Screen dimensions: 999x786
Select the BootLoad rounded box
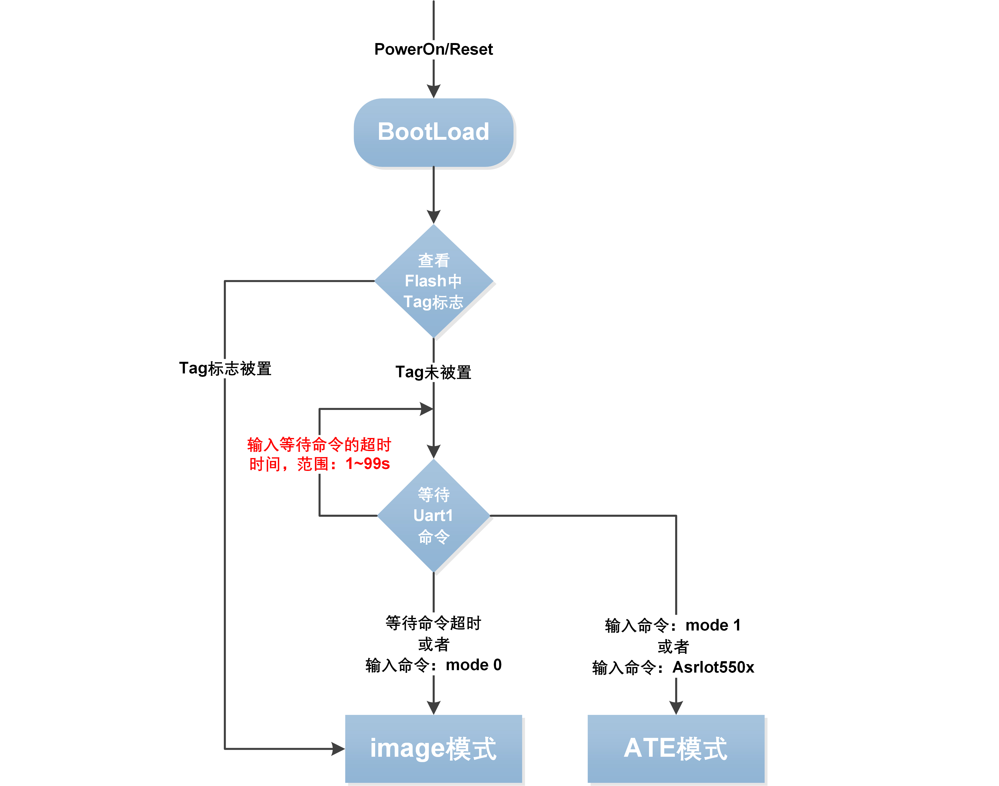coord(433,133)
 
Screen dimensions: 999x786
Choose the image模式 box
coord(433,749)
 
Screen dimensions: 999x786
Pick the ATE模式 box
coord(676,749)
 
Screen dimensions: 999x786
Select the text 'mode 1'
coord(713,625)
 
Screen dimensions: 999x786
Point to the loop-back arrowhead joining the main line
coord(426,409)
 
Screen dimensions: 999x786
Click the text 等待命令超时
coord(433,623)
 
